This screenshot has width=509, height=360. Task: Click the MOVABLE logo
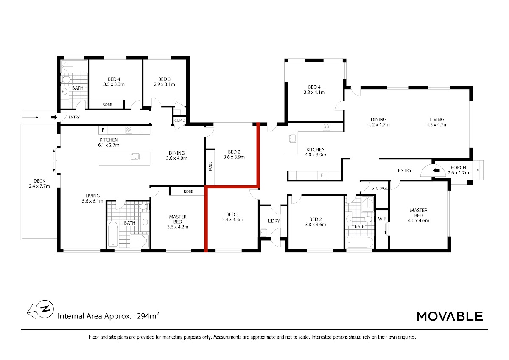[x=450, y=316]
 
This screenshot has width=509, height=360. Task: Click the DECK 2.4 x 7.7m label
[x=39, y=183]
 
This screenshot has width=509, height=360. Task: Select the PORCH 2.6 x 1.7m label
[x=459, y=170]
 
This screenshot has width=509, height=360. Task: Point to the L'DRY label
[x=274, y=221]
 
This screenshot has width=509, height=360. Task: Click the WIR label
[x=382, y=219]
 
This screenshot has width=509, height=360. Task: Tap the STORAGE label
[x=380, y=188]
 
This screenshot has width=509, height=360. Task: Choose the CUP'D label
[x=180, y=120]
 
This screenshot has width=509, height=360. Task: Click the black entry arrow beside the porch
[x=436, y=170]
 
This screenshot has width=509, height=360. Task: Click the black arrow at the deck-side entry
[x=54, y=117]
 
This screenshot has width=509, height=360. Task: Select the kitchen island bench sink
[x=135, y=157]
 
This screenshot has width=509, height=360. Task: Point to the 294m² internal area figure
[x=148, y=316]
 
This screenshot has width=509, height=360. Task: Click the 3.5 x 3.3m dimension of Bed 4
[x=114, y=84]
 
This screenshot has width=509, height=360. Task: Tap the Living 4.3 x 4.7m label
[x=437, y=122]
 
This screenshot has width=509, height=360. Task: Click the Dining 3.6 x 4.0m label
[x=176, y=155]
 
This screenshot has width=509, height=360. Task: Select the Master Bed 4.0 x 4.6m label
[x=419, y=215]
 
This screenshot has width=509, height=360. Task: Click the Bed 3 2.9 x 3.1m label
[x=164, y=82]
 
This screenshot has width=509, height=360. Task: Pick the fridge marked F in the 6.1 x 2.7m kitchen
[x=103, y=130]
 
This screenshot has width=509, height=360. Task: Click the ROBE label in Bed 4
[x=107, y=104]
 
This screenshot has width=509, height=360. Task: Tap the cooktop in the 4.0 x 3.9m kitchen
[x=326, y=127]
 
